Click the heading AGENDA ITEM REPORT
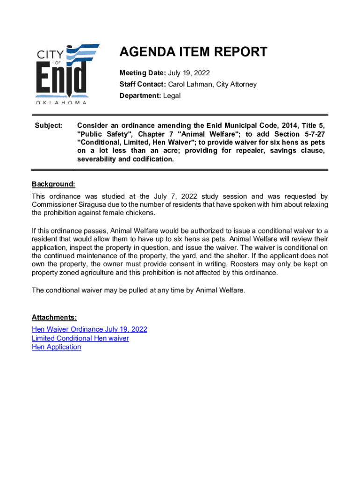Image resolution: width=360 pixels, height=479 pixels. pos(194,52)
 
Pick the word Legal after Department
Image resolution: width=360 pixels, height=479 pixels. pos(171,95)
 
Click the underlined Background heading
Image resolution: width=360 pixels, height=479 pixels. pos(53,184)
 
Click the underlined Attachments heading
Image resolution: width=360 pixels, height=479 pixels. pos(51,318)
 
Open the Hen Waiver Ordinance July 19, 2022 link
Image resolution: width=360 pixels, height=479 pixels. pos(89,329)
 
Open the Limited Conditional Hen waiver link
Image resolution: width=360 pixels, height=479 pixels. pos(80,338)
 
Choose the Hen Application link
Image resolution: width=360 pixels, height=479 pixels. pos(56,347)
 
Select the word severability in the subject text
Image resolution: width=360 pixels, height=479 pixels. pos(97,159)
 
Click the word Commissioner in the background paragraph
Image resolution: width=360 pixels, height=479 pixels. pos(52,204)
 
